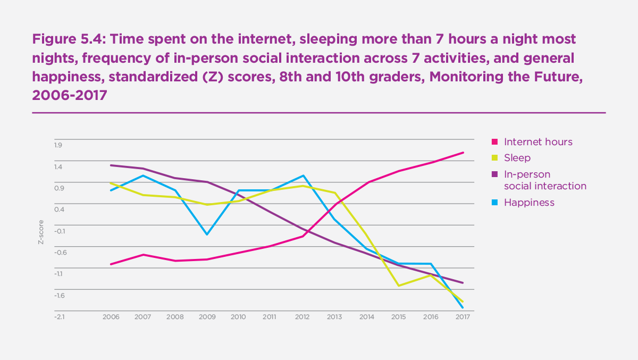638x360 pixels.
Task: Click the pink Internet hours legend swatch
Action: (494, 142)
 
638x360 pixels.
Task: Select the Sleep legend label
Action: (517, 158)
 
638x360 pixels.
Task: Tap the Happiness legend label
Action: (529, 203)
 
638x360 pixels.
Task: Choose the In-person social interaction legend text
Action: (544, 180)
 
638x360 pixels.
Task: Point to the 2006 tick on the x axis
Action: (111, 317)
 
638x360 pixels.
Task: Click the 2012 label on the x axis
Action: (302, 317)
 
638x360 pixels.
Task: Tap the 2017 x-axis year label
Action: (462, 317)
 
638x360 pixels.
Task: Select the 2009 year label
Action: (206, 317)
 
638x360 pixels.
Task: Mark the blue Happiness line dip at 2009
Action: (207, 235)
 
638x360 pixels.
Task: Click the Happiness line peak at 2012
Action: (303, 175)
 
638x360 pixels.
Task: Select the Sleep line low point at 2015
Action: (399, 286)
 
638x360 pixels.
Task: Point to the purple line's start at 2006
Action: (111, 165)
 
